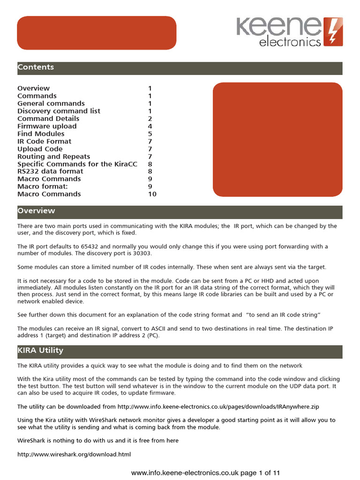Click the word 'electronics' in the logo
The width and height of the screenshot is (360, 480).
(x=290, y=42)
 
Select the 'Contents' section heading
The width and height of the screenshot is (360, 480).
(x=36, y=67)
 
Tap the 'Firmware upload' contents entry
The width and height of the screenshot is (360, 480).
(x=47, y=126)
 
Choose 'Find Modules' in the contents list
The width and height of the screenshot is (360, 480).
(x=41, y=134)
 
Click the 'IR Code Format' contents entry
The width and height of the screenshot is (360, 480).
(x=45, y=141)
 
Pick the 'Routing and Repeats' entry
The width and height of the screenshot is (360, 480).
(x=53, y=157)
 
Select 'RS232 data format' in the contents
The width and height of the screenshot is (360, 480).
(x=50, y=172)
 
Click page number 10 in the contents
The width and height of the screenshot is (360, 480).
(x=152, y=194)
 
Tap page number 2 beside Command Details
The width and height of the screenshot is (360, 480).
(x=150, y=119)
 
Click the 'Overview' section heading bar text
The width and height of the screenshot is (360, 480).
(x=36, y=211)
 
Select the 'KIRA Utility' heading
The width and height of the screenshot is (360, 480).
(x=40, y=351)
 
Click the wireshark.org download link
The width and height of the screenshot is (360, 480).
(x=74, y=454)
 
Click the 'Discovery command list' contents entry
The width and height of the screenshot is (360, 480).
(x=59, y=111)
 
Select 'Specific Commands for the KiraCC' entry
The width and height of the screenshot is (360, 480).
(x=72, y=164)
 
